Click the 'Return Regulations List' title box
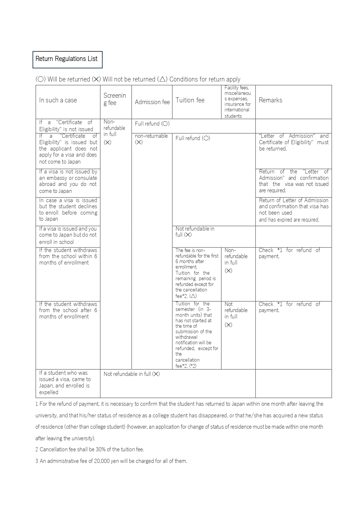67,59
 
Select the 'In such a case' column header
58,100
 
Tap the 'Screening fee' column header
115,99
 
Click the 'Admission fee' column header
152,102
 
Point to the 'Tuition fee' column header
190,100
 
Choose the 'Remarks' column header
270,100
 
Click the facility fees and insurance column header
238,102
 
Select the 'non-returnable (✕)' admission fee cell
151,139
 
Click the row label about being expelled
65,383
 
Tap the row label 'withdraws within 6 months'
68,256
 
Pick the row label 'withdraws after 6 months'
68,310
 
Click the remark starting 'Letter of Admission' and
294,142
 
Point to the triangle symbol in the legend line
162,79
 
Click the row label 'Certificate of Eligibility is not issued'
66,126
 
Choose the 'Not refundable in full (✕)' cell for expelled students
132,374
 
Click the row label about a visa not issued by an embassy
68,181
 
